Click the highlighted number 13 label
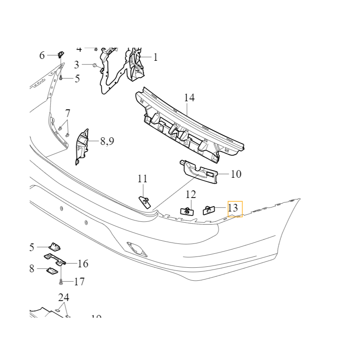(233, 208)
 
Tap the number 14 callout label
(189, 98)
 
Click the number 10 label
(236, 174)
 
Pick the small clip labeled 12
(187, 211)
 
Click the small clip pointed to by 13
(209, 210)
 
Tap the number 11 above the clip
(143, 179)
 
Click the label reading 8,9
(107, 141)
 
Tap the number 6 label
(42, 55)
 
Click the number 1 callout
(156, 57)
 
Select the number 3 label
(76, 64)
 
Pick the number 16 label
(83, 264)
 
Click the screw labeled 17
(61, 282)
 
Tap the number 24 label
(64, 297)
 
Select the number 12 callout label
(191, 194)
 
